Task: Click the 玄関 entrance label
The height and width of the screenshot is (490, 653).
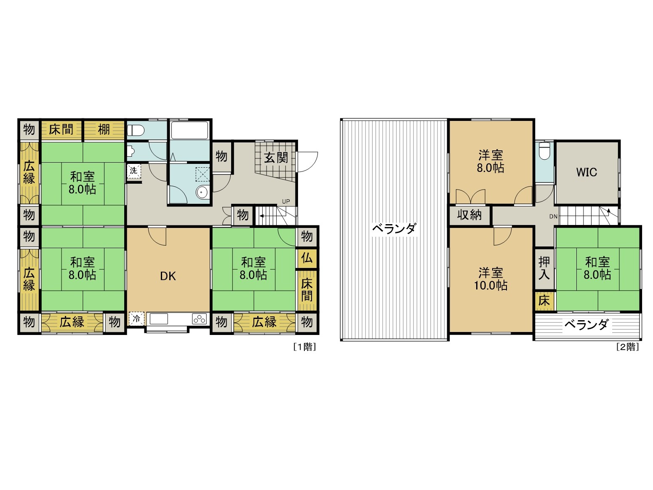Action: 276,158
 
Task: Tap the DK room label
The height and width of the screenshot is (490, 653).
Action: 168,276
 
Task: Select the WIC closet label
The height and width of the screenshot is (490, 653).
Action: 586,172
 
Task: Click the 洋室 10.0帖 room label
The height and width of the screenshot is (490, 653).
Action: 491,279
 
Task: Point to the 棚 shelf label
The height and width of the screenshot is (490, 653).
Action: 104,129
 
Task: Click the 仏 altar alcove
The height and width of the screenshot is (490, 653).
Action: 307,257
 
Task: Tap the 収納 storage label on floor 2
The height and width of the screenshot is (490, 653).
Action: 469,215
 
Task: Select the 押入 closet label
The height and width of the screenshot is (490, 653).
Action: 544,268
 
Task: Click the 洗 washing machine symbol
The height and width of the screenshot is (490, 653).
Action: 133,171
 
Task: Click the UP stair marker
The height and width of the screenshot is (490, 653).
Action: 286,201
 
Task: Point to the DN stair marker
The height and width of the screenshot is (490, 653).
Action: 553,217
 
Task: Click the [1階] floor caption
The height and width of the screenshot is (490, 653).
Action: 304,347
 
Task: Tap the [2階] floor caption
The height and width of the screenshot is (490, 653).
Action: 627,347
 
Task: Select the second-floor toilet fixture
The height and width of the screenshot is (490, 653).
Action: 544,150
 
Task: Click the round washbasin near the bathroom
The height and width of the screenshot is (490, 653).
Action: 202,193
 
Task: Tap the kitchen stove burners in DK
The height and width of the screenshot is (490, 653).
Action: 200,319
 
